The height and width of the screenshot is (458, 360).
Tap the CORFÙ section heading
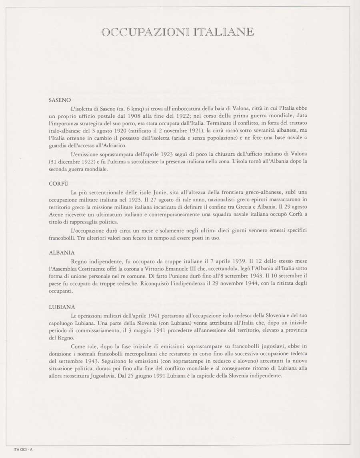tap(58, 183)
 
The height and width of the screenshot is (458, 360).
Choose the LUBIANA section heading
tap(61, 307)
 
